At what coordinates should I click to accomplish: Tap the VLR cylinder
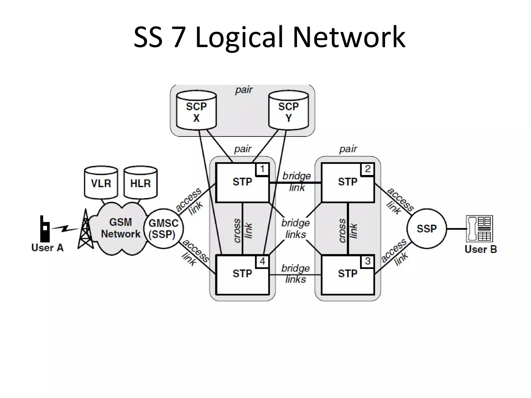[x=101, y=183]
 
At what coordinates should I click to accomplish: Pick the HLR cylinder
[x=141, y=183]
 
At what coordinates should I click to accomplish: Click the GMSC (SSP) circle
[x=163, y=229]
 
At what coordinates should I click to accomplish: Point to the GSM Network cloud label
[x=121, y=228]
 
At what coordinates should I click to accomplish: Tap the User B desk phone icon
[x=479, y=229]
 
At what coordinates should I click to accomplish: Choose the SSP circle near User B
[x=427, y=229]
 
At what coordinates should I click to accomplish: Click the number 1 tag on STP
[x=262, y=169]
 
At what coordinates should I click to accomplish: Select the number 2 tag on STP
[x=368, y=169]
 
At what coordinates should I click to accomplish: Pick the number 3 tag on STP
[x=368, y=261]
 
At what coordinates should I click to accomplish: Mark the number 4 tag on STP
[x=262, y=261]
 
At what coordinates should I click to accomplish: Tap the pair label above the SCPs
[x=244, y=90]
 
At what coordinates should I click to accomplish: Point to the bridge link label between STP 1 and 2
[x=297, y=181]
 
